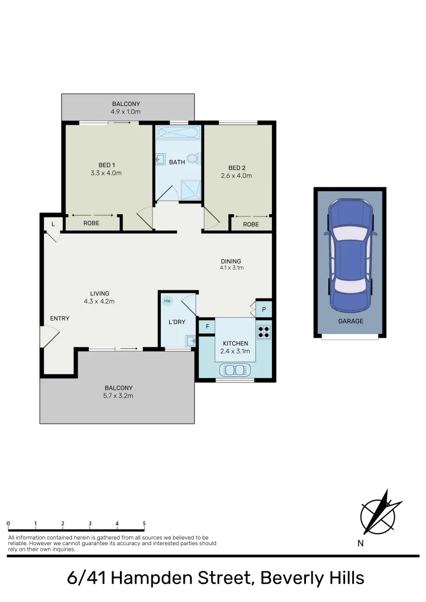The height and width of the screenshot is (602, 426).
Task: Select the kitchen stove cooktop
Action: pos(264,332)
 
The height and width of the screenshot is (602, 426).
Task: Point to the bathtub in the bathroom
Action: pos(178,133)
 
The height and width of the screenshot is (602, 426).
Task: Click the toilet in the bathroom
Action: pos(194,158)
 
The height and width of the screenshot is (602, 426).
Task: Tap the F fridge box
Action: pos(207,326)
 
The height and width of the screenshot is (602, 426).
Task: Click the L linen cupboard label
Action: pos(53,224)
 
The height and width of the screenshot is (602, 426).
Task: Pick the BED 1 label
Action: pos(107,165)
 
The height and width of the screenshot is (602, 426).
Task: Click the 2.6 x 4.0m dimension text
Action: pos(237,176)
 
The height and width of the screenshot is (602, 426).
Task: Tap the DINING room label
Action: pos(231,261)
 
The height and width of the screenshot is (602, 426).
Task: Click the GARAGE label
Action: pos(351,321)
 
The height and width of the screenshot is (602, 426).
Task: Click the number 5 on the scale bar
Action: pos(144,523)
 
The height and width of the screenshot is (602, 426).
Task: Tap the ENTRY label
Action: pos(60,318)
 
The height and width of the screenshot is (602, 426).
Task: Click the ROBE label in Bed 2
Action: pos(251,224)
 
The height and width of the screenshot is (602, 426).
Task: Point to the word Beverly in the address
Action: pos(291,577)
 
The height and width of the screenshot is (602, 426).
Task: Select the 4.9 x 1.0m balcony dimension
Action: pos(126,112)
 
